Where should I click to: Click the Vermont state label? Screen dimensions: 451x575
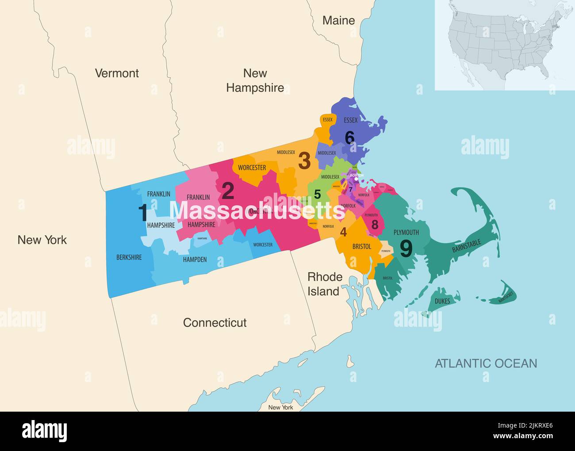tap(117, 73)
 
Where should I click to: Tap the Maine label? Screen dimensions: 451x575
tap(338, 20)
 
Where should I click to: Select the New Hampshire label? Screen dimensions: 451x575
tap(255, 80)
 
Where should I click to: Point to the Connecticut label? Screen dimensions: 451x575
tap(215, 323)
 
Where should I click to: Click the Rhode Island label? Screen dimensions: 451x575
tap(325, 284)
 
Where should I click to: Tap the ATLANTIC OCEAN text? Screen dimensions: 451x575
tap(486, 363)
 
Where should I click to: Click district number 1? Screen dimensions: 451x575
tap(143, 213)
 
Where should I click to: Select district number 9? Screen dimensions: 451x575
tap(406, 248)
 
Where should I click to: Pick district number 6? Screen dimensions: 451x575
tap(349, 138)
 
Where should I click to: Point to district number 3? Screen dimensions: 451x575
tap(304, 161)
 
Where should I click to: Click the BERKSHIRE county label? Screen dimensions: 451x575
tap(129, 257)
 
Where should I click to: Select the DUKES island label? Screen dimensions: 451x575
tap(442, 301)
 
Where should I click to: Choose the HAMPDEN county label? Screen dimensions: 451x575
tap(195, 260)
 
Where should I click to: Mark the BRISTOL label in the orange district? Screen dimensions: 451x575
tap(361, 246)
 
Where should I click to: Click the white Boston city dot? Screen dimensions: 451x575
tap(356, 180)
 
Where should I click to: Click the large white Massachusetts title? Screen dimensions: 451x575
tap(257, 210)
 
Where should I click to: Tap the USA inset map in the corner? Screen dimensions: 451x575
tap(504, 44)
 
